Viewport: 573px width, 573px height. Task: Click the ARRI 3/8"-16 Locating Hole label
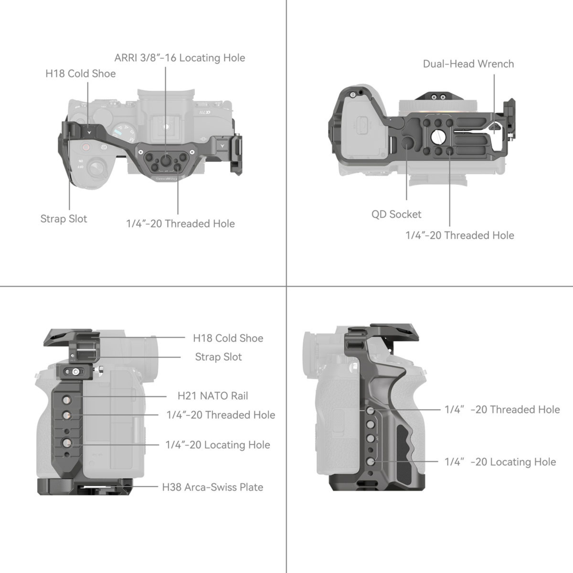coord(180,58)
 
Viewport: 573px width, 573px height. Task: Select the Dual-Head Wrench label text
coord(468,64)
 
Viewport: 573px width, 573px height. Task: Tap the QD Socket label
coord(396,214)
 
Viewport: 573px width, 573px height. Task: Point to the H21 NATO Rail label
coord(213,396)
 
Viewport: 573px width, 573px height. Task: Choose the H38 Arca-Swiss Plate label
coord(212,487)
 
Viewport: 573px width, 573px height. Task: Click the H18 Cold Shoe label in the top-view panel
coord(80,73)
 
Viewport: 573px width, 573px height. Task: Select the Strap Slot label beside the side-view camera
coord(218,357)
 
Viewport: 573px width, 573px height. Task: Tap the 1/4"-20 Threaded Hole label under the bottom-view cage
coord(460,235)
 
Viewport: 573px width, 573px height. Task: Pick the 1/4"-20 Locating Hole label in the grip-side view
coord(500,462)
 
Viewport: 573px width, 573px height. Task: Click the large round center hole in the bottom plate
coord(438,136)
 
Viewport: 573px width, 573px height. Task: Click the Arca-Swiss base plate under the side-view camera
coord(85,486)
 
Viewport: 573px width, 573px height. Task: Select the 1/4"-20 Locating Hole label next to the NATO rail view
coord(217,445)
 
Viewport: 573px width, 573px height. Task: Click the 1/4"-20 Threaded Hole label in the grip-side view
coord(502,410)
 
